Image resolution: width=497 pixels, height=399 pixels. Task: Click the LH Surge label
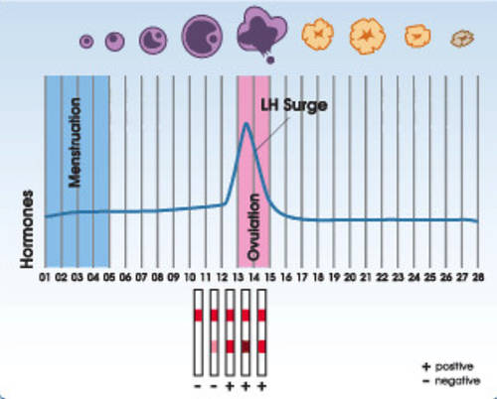[294, 106]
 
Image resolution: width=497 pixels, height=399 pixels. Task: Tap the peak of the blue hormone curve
[247, 124]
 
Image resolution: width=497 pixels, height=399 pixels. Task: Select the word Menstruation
[75, 143]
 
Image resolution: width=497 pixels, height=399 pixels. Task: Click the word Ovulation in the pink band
[253, 227]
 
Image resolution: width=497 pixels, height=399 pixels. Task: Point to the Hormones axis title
[27, 229]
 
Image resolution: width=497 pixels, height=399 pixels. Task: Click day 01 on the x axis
[45, 277]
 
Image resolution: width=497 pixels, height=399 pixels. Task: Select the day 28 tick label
[478, 277]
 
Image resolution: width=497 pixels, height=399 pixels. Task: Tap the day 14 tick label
[253, 277]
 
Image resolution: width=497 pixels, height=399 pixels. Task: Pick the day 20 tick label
[350, 277]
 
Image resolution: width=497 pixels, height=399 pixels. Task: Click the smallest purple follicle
[86, 42]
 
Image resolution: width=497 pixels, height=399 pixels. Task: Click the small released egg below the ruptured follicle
[270, 60]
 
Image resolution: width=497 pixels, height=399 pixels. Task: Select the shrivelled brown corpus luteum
[462, 39]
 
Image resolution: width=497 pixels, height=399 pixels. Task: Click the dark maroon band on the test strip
[246, 346]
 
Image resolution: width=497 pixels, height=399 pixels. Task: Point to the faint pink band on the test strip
[215, 346]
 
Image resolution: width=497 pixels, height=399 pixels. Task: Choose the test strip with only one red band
[198, 332]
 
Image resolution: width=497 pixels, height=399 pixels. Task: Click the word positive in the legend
[454, 366]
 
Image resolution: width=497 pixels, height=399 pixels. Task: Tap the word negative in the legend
[457, 381]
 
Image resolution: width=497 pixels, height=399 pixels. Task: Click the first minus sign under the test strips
[198, 386]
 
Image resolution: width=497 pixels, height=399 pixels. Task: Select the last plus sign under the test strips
[262, 386]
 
